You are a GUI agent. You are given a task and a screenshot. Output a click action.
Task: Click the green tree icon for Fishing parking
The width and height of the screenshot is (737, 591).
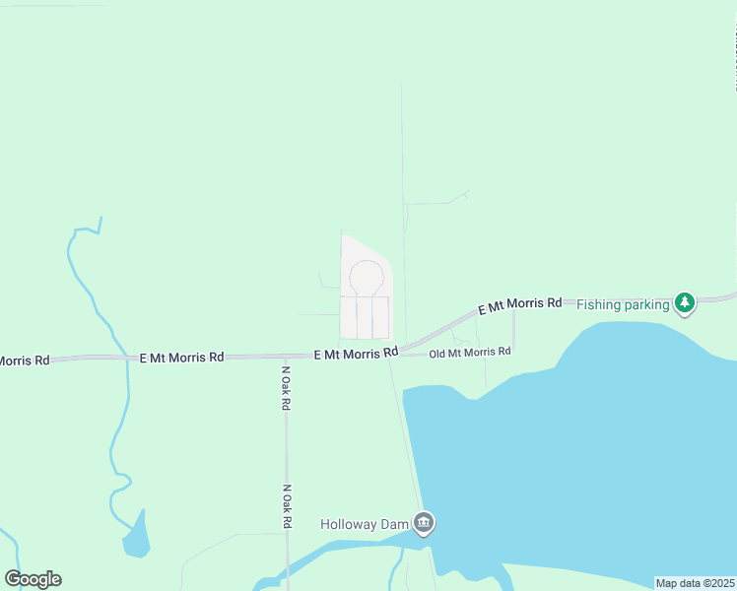coord(685,302)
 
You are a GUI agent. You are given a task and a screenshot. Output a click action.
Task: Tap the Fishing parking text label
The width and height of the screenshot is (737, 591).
coord(623,304)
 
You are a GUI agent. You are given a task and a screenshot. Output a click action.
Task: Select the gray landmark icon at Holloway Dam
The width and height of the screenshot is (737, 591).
coord(424,522)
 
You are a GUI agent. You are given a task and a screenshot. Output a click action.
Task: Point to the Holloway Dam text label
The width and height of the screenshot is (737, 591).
coord(363,524)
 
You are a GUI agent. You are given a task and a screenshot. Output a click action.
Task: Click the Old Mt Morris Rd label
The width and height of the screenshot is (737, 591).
coord(470,352)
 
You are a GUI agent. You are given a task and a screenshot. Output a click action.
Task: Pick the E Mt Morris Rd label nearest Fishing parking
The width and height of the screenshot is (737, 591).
coord(519,306)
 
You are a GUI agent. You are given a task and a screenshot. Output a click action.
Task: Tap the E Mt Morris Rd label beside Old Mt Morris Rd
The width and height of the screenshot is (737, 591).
coord(356,353)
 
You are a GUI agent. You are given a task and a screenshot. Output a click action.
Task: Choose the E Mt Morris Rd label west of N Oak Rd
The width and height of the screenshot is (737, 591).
coord(181,358)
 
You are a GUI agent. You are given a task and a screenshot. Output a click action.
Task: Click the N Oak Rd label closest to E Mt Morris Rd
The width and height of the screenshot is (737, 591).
coord(286,388)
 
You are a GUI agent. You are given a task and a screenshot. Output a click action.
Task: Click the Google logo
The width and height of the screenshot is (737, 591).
coord(33,579)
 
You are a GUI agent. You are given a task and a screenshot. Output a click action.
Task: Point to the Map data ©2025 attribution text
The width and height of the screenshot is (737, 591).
coord(695,583)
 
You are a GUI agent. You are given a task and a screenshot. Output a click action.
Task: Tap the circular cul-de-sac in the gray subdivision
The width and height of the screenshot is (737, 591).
coord(366,278)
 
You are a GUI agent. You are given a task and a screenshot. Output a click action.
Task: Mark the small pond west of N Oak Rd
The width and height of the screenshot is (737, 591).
coord(136,537)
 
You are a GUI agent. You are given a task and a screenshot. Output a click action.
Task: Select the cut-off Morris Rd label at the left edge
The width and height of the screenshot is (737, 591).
coord(24,361)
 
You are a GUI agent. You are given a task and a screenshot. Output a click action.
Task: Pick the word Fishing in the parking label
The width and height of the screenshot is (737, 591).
coord(600,304)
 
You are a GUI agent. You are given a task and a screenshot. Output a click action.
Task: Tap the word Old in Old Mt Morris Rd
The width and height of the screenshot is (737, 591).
coord(439,352)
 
